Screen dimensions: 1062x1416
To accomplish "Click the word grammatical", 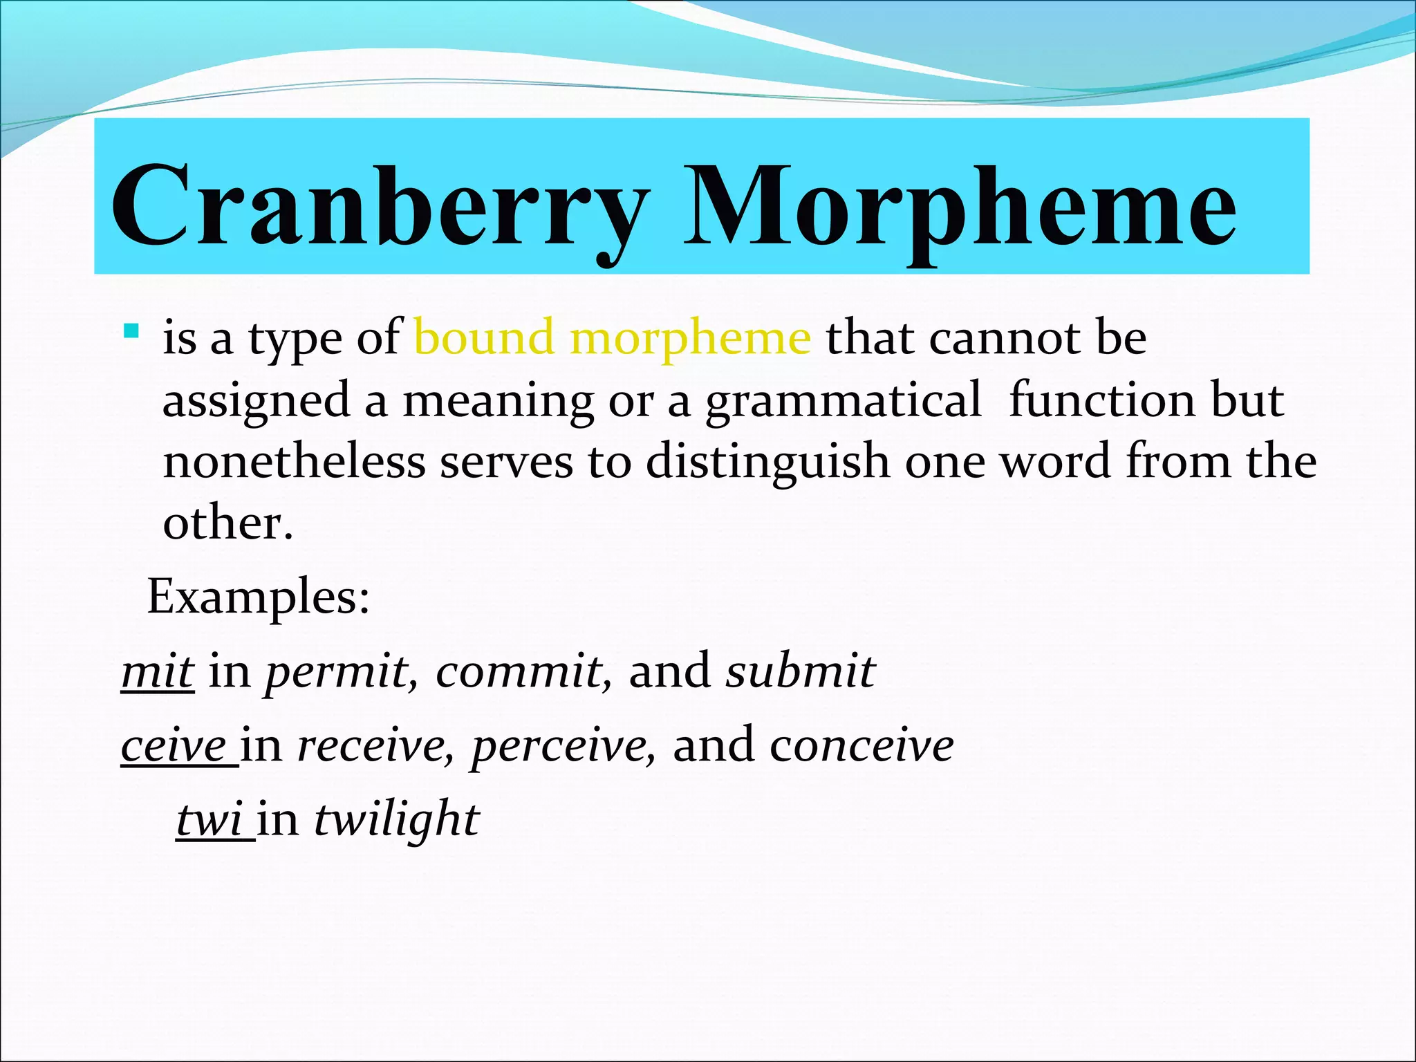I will (843, 402).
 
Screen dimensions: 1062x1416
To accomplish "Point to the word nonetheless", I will (294, 462).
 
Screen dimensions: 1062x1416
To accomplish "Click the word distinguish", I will (767, 463).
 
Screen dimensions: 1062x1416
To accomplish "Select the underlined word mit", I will (157, 671).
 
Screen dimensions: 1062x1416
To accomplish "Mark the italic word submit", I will (800, 671).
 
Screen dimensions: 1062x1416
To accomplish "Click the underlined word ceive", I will (174, 746).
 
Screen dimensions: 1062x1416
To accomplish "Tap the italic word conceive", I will (861, 746).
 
